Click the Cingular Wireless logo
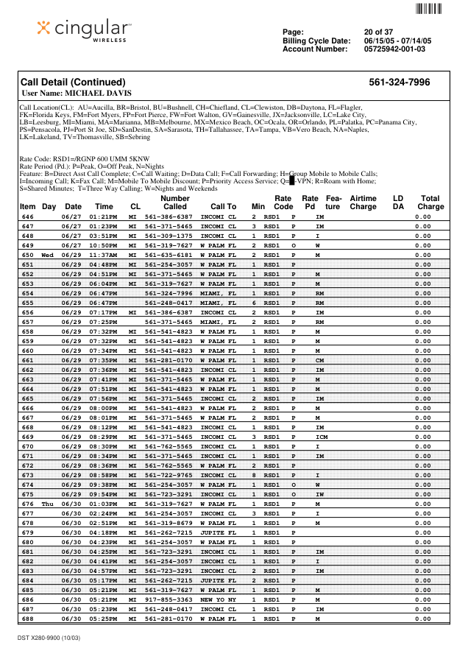click(84, 31)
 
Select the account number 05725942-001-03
click(394, 49)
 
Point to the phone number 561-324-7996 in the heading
click(399, 82)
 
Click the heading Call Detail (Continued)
click(73, 82)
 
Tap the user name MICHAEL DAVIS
click(77, 94)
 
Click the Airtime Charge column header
click(363, 202)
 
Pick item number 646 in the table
click(28, 217)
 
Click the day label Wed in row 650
click(48, 254)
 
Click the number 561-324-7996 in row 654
click(169, 293)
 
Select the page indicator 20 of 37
click(379, 32)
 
